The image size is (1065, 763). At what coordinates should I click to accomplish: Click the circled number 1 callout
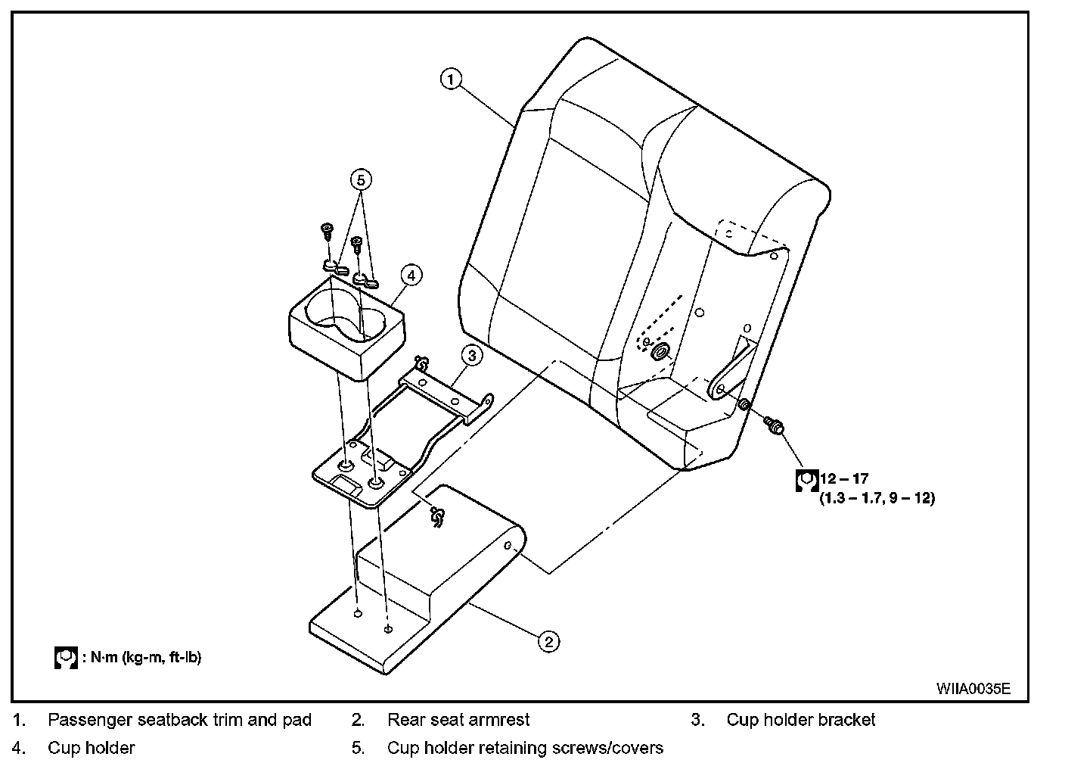coord(451,79)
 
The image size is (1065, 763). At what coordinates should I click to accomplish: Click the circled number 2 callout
coord(548,641)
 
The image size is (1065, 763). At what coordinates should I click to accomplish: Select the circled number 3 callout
coord(470,355)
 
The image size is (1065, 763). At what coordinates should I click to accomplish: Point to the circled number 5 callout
coord(361,179)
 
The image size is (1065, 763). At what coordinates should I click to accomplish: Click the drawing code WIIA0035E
coord(973,688)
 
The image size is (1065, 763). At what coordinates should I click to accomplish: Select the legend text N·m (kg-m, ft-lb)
coord(146,656)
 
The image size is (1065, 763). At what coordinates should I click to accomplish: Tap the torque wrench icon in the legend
coord(67,657)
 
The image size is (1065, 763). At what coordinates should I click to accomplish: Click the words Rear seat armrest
coord(458,720)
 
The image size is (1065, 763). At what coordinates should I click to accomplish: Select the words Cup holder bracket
coord(800,720)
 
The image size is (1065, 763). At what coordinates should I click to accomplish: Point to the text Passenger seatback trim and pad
coord(179,720)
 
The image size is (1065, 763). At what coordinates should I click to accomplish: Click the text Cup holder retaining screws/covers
coord(525,748)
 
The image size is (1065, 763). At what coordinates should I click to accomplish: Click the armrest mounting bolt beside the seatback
coord(774,425)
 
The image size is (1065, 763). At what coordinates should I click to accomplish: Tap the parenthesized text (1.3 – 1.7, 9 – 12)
coord(877,498)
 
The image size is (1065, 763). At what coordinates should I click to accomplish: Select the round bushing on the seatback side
coord(660,350)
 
